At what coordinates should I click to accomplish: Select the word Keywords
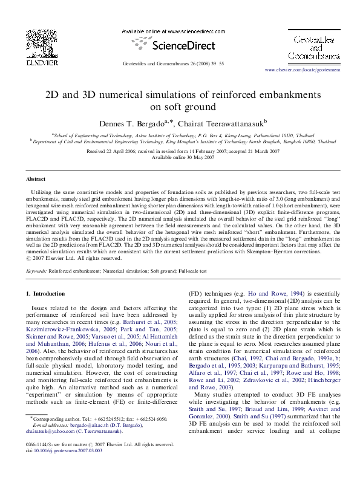[36, 272]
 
